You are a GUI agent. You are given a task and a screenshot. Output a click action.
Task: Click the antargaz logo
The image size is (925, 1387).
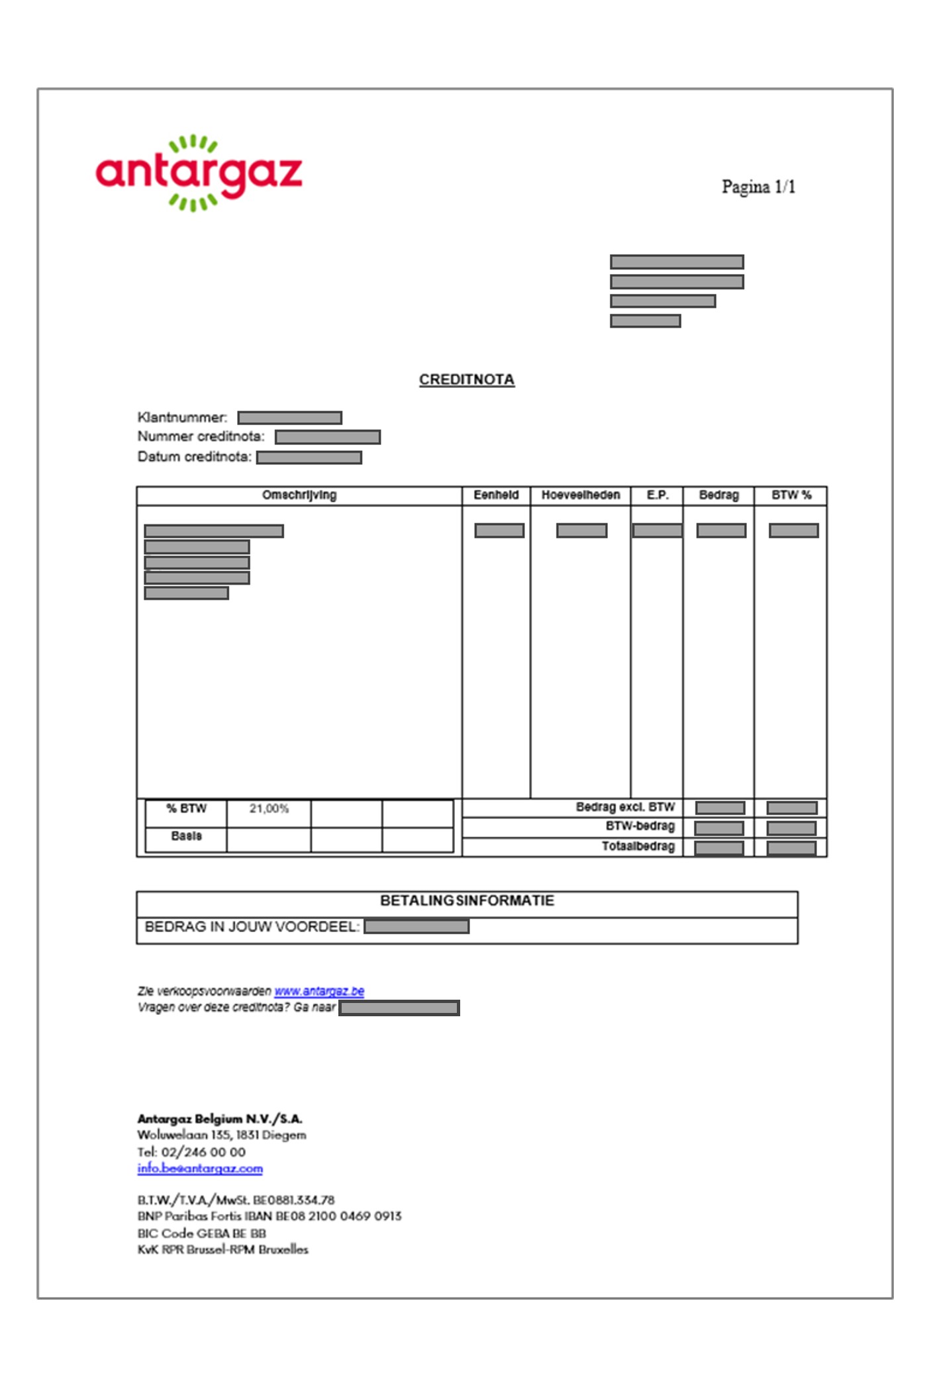(199, 173)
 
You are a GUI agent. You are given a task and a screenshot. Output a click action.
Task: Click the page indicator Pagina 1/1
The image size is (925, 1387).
(758, 187)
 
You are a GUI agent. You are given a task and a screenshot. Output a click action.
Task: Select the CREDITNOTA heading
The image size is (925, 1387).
(466, 380)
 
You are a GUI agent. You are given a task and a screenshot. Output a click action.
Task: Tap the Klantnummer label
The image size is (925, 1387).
(182, 418)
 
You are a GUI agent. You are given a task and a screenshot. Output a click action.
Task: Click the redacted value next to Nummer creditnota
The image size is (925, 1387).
(328, 437)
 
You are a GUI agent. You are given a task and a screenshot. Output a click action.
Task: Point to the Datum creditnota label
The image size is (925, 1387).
(194, 457)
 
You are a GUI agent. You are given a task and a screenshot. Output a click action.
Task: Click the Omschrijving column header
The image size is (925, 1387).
(299, 495)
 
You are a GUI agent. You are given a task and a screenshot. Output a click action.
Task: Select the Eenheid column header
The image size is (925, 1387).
(496, 495)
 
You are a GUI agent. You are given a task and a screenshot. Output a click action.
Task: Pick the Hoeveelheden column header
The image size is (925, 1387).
(581, 495)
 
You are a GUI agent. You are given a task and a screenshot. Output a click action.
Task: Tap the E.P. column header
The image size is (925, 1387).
(657, 495)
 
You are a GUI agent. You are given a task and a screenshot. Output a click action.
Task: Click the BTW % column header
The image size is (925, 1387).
(791, 495)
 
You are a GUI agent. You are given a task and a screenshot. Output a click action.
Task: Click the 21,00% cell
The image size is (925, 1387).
(269, 809)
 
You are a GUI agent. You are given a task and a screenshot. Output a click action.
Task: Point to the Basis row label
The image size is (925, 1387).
(186, 836)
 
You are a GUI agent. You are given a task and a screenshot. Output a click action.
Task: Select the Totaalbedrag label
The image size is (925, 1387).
(638, 847)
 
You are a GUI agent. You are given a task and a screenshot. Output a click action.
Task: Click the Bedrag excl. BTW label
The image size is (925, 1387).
(625, 807)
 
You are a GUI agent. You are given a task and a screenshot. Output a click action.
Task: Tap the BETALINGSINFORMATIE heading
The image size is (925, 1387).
(467, 901)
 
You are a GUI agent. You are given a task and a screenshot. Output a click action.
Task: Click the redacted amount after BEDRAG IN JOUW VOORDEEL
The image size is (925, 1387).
(416, 927)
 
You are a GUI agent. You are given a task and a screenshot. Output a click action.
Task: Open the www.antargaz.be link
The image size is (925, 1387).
(319, 991)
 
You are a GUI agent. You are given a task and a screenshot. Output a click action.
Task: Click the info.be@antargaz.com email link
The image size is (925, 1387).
(200, 1169)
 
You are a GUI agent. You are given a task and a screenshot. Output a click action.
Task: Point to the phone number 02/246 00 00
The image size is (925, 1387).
(203, 1152)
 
